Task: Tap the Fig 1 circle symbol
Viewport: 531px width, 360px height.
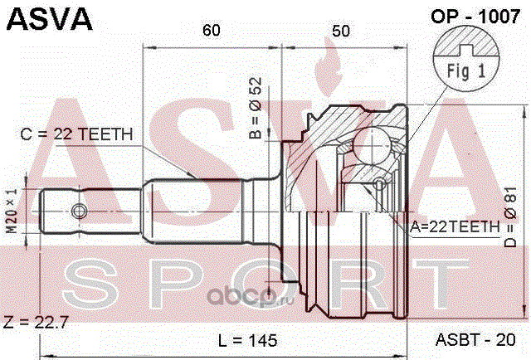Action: (x=467, y=59)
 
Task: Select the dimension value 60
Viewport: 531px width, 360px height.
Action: (x=212, y=31)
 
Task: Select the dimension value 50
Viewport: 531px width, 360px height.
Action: (x=339, y=31)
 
